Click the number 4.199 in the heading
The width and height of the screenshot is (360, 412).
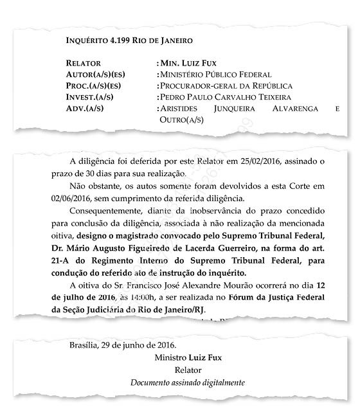pyautogui.click(x=121, y=40)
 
